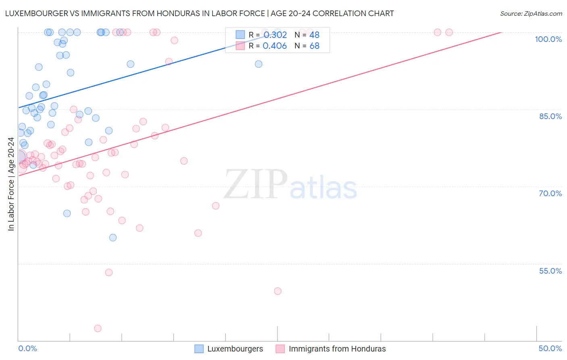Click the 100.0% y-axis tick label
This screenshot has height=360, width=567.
pyautogui.click(x=548, y=39)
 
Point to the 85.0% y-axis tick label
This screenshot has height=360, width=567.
pyautogui.click(x=550, y=116)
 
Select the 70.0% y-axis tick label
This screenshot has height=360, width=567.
pyautogui.click(x=550, y=193)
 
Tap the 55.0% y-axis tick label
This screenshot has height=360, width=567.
pyautogui.click(x=550, y=271)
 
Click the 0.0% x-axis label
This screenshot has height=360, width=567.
pyautogui.click(x=27, y=349)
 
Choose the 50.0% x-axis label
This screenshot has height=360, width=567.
pyautogui.click(x=550, y=349)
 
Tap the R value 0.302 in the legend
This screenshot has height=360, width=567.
pyautogui.click(x=275, y=35)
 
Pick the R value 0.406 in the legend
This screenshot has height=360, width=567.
pyautogui.click(x=275, y=46)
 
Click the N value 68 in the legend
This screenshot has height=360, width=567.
pyautogui.click(x=315, y=46)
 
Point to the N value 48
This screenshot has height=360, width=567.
pyautogui.click(x=315, y=35)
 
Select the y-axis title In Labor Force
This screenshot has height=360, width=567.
pyautogui.click(x=11, y=184)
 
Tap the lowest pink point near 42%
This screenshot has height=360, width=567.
pyautogui.click(x=98, y=329)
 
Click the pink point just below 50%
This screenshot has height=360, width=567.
pyautogui.click(x=277, y=291)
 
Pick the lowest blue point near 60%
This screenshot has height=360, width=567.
pyautogui.click(x=113, y=238)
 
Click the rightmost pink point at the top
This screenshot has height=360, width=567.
pyautogui.click(x=449, y=32)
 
